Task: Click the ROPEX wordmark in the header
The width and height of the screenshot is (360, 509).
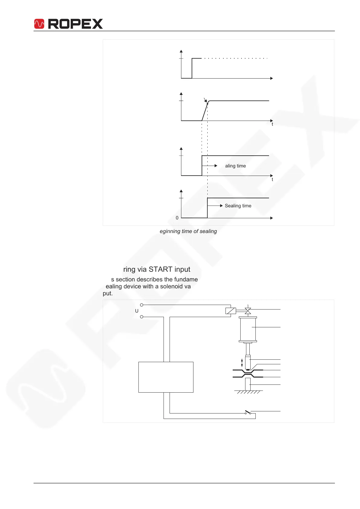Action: (75, 24)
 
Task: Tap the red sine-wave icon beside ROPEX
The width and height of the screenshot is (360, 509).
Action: (39, 24)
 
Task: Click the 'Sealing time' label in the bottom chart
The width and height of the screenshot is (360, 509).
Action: (238, 206)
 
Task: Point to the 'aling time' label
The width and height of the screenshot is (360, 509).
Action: (235, 166)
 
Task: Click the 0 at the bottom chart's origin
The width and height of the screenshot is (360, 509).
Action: (177, 218)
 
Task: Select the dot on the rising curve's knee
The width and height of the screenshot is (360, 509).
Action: (207, 104)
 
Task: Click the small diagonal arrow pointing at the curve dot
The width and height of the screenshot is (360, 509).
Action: (205, 100)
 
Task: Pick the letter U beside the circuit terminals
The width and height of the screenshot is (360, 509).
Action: (137, 311)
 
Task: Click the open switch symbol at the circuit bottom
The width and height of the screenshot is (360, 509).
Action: (248, 413)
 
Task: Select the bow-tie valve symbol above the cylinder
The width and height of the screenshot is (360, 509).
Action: (248, 311)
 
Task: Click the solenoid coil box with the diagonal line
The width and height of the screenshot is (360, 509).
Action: (231, 311)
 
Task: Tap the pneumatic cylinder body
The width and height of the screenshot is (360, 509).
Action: (248, 329)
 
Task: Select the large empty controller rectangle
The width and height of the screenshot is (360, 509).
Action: (166, 377)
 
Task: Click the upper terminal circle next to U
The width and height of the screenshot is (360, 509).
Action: (141, 305)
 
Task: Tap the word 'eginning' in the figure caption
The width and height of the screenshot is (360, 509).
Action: (169, 231)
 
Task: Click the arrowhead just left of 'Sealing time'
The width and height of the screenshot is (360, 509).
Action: (221, 206)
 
